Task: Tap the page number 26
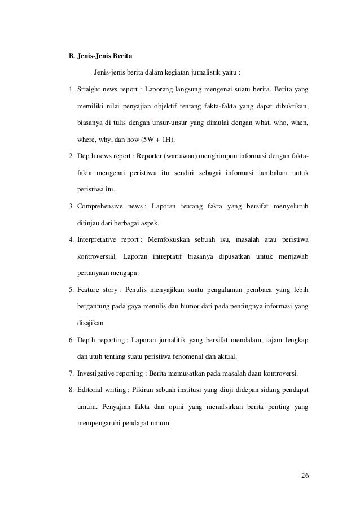tap(305, 473)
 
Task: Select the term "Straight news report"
tap(108, 89)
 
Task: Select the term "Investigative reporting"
tap(111, 374)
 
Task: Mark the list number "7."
tap(70, 374)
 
